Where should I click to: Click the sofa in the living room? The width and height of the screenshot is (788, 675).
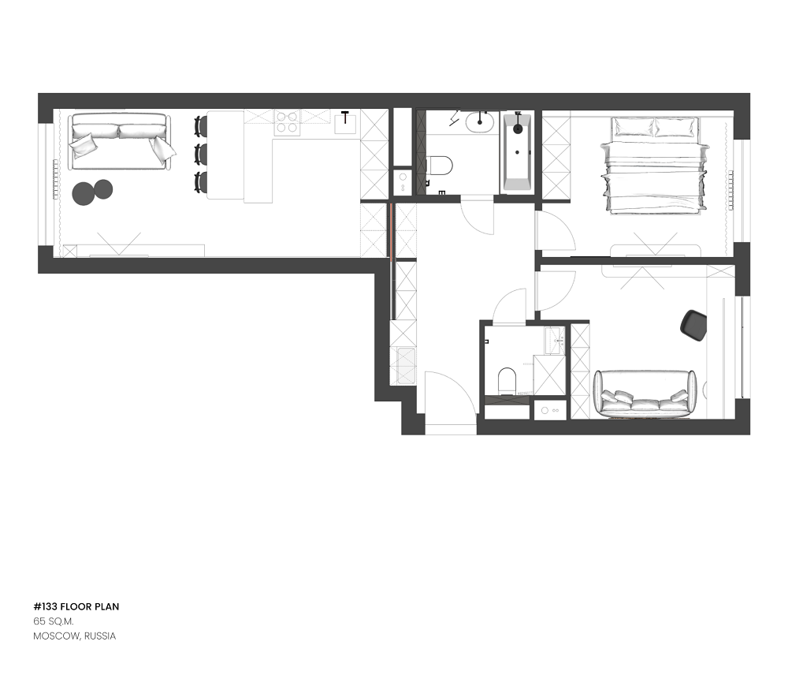[120, 142]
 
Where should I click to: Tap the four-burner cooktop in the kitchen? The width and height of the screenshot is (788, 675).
[287, 122]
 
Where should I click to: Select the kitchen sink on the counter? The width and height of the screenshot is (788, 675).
[346, 124]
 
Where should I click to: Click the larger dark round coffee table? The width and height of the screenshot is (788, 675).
[84, 194]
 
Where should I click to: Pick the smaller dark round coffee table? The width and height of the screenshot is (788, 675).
[103, 189]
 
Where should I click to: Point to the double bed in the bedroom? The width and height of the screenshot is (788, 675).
[654, 166]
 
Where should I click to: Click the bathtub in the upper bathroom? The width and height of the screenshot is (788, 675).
[518, 152]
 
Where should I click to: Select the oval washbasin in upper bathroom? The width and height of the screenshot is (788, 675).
[479, 121]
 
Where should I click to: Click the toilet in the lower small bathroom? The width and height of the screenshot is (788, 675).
[507, 380]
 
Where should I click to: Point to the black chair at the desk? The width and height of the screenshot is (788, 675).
[693, 326]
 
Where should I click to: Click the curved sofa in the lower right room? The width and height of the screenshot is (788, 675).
[645, 394]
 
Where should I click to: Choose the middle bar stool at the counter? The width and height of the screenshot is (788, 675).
[201, 153]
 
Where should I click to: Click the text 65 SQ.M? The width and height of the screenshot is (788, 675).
[54, 621]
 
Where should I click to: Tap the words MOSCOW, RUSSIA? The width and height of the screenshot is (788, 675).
[74, 636]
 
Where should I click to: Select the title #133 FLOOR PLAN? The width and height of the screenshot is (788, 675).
[76, 606]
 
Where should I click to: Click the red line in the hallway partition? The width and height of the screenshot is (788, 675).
[391, 231]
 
